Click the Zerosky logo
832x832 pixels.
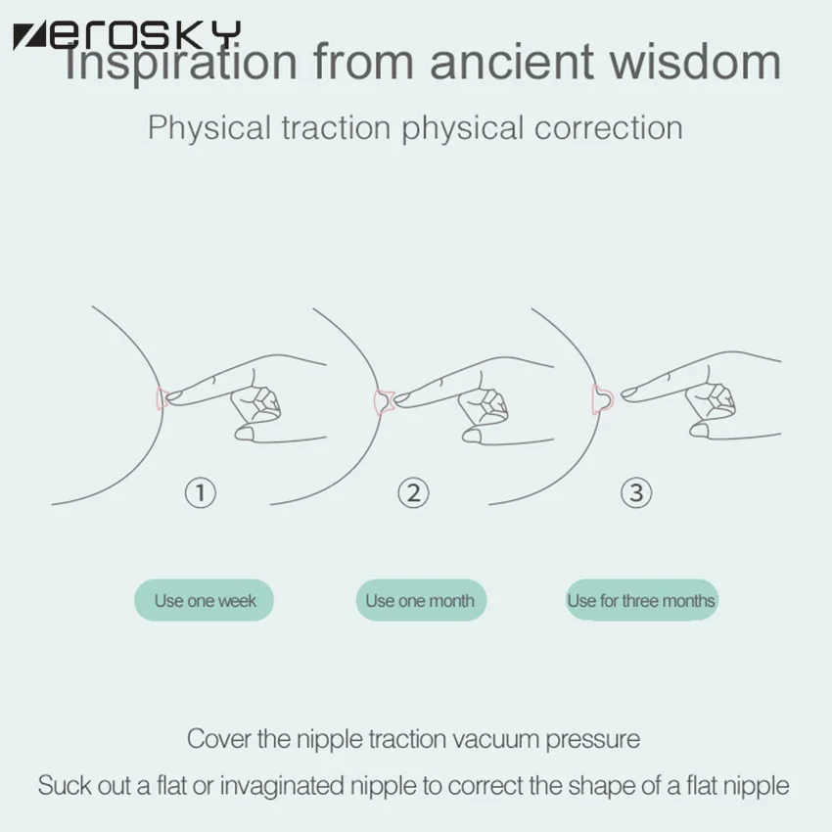(127, 36)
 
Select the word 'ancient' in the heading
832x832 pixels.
(512, 62)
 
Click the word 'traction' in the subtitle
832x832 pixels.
(336, 128)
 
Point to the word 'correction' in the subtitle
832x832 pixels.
(608, 128)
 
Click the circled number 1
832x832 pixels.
(201, 493)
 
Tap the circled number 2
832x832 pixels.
(413, 493)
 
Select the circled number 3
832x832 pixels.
(636, 493)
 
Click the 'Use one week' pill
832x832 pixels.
(204, 600)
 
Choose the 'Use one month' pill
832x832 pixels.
(421, 600)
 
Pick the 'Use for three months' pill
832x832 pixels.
(642, 600)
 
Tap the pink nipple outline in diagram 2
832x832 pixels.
(384, 401)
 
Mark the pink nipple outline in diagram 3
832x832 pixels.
(603, 399)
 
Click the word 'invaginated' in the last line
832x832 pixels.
(282, 786)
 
